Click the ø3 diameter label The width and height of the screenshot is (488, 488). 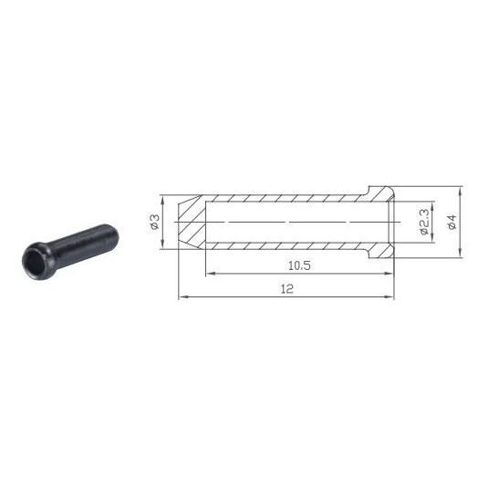coord(155,222)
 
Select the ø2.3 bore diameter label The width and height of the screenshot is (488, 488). coord(425,222)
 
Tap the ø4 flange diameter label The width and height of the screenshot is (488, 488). coord(452,222)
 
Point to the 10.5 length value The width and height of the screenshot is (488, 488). coord(299,265)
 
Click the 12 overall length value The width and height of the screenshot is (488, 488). coord(287,289)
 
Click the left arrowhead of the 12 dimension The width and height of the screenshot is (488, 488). coord(183,297)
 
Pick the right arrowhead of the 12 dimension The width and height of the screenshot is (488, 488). coord(389,297)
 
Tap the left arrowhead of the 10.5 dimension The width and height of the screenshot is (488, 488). coord(211,274)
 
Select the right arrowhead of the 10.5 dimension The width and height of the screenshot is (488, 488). coord(389,274)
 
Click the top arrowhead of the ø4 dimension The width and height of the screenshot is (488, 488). coord(461,191)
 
